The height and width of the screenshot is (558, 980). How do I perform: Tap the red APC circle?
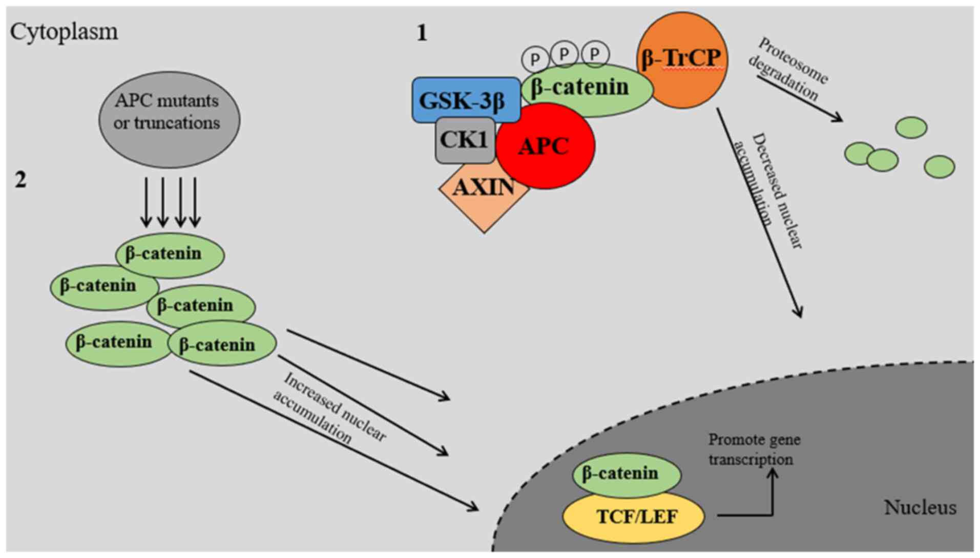(x=545, y=146)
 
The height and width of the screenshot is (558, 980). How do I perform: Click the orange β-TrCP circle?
(x=681, y=59)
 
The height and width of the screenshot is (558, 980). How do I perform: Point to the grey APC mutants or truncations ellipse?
(x=169, y=119)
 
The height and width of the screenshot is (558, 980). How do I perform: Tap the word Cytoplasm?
(x=64, y=32)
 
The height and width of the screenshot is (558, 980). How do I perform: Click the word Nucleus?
(x=920, y=507)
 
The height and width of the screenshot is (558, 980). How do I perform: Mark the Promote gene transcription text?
(x=753, y=449)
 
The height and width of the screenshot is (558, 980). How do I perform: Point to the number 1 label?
(x=422, y=33)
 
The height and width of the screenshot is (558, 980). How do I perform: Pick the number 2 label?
(x=20, y=180)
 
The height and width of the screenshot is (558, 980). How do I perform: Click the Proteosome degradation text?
(x=788, y=69)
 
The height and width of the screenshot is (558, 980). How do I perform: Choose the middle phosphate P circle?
(x=565, y=53)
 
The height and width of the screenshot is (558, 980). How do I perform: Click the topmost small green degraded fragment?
(x=911, y=127)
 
